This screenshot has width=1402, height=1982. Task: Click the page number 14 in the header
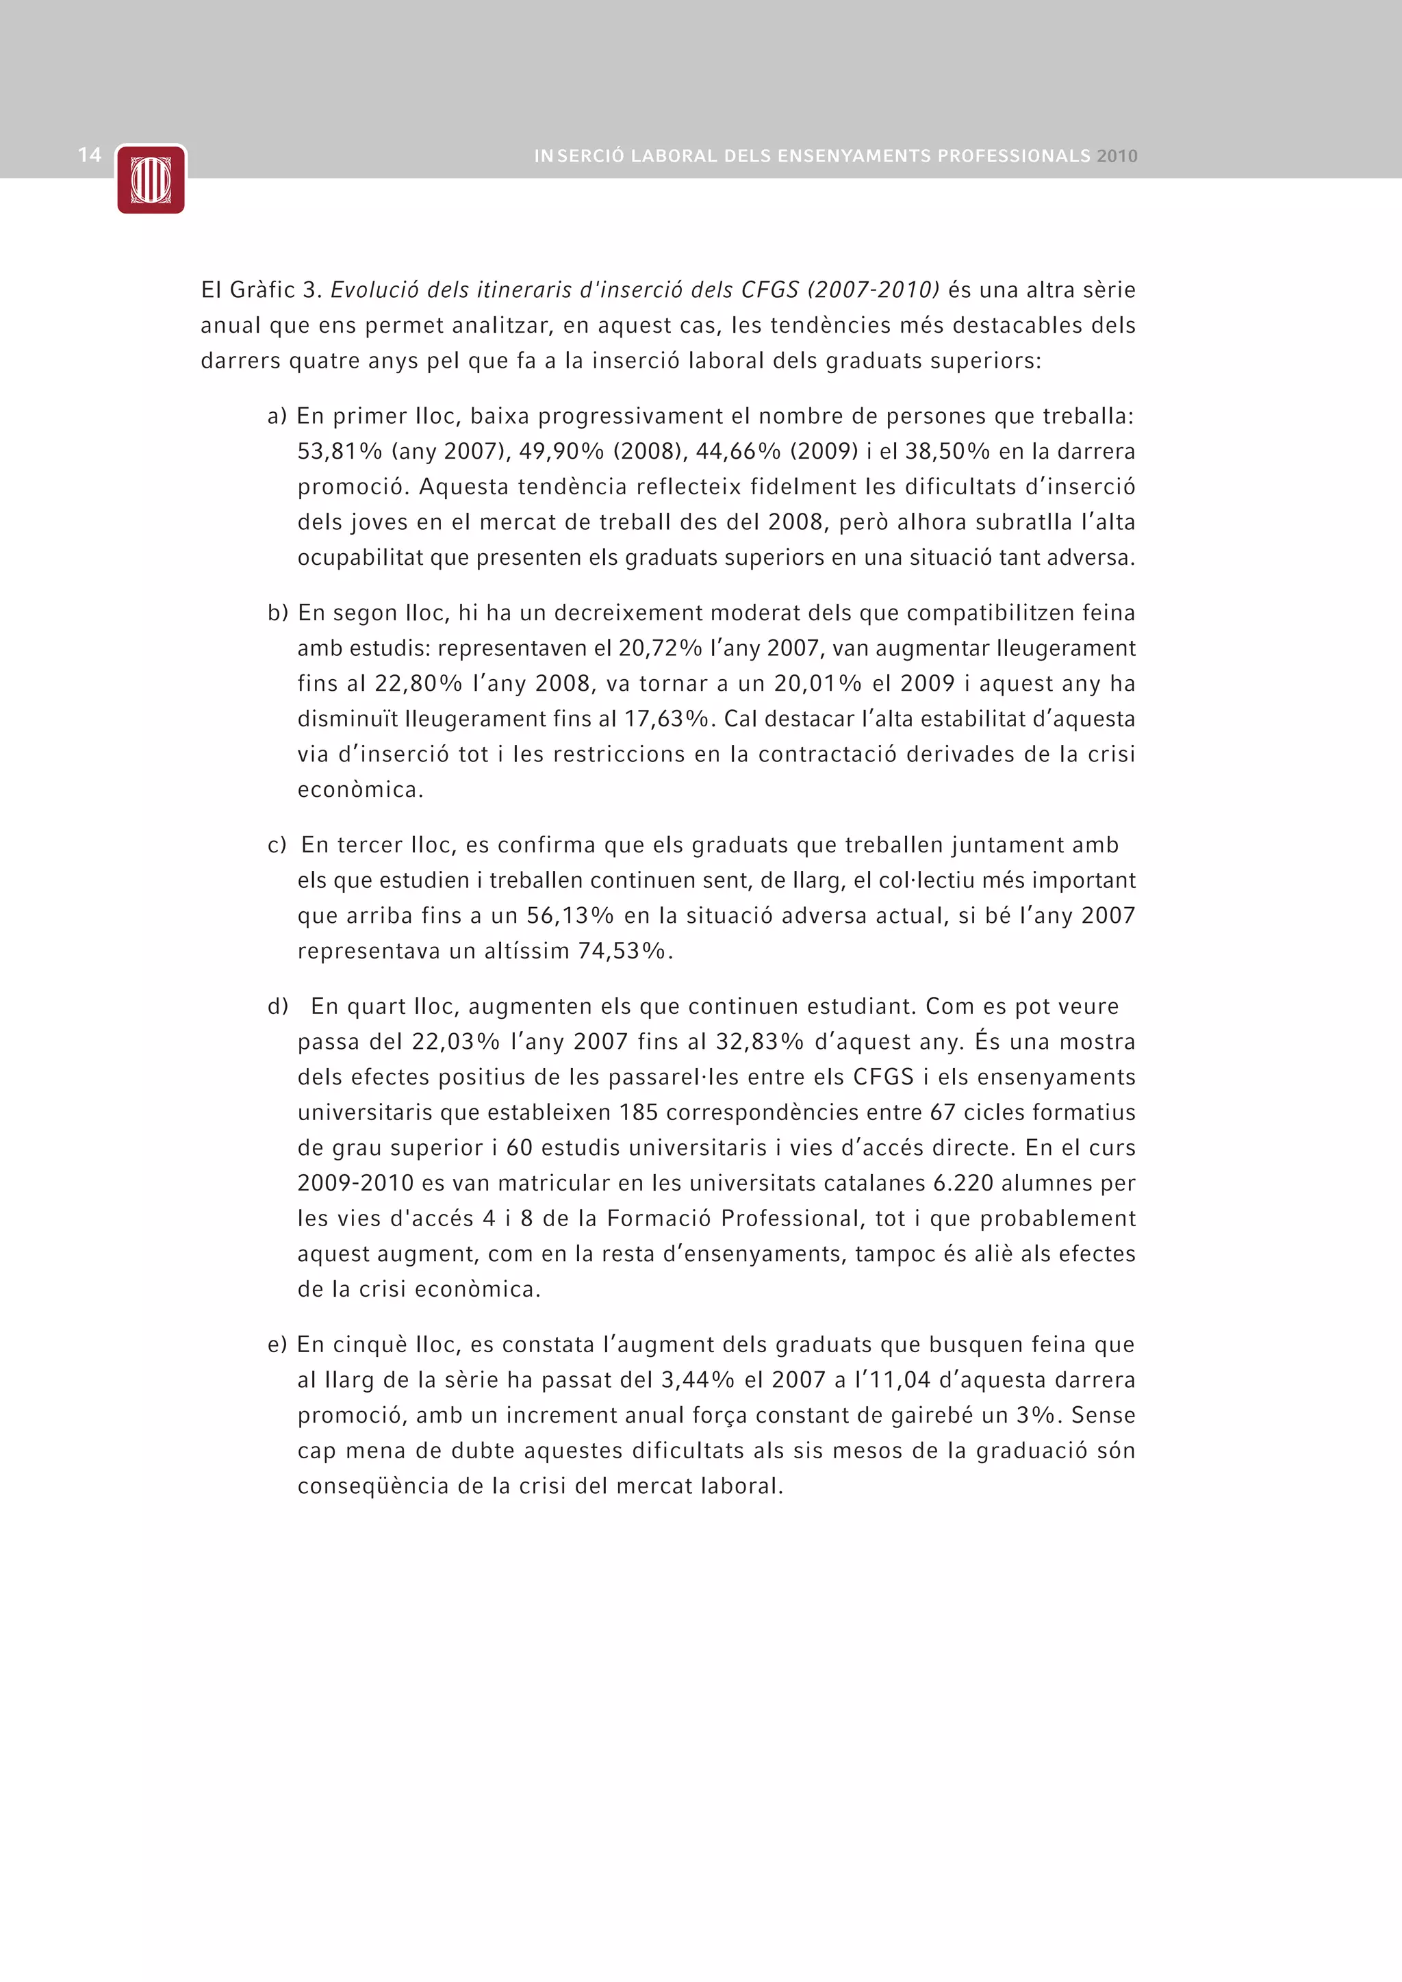(90, 155)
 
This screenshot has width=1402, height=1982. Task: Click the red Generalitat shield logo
(151, 179)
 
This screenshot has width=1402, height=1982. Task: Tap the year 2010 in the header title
(1117, 156)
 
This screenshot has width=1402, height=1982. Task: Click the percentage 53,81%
(340, 451)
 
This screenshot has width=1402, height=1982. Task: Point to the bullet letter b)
(277, 613)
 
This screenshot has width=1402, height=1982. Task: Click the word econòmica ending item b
(360, 790)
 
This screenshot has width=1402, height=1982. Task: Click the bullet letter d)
(277, 1006)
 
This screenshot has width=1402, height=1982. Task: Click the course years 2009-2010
(355, 1184)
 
